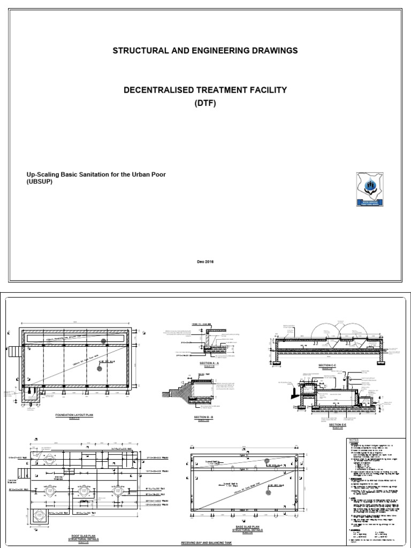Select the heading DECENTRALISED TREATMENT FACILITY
(x=205, y=90)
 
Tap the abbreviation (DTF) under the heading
(x=205, y=103)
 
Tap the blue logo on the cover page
(x=370, y=188)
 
